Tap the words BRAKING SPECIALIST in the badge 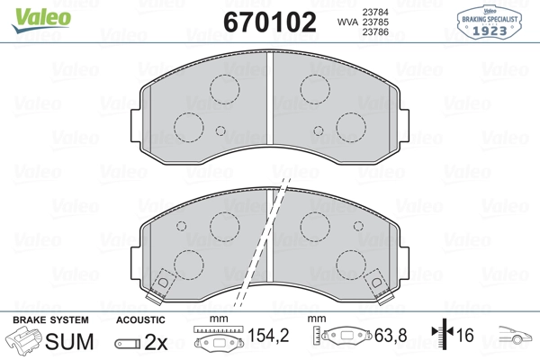[x=491, y=18]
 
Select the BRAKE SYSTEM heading [x=49, y=319]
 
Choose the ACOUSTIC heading [x=140, y=319]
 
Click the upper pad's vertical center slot [x=271, y=100]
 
